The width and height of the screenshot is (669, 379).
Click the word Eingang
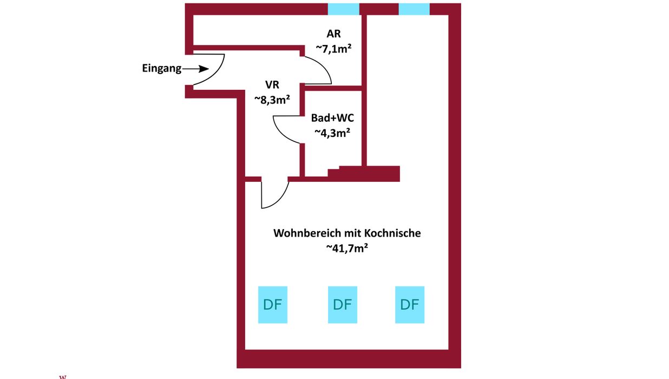coord(161,69)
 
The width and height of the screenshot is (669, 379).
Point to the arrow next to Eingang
coord(196,69)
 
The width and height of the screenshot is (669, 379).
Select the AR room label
coord(334,34)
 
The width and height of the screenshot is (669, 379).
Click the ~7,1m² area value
coord(334,48)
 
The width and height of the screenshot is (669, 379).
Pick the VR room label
coord(272,85)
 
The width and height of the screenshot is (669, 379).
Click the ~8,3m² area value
coord(272,99)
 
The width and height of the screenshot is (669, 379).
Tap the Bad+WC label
coord(332,117)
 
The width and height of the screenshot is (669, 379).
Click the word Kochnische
coord(392,234)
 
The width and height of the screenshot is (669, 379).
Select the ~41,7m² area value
coord(347,248)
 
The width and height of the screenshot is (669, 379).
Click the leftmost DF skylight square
coord(273,305)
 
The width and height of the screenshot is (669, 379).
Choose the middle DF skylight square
coord(343,305)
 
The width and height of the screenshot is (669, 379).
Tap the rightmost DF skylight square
coord(410,305)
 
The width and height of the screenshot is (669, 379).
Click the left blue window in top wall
coord(344,9)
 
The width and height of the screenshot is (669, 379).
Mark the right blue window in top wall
coord(414,9)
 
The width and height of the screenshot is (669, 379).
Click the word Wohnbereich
coord(307,234)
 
